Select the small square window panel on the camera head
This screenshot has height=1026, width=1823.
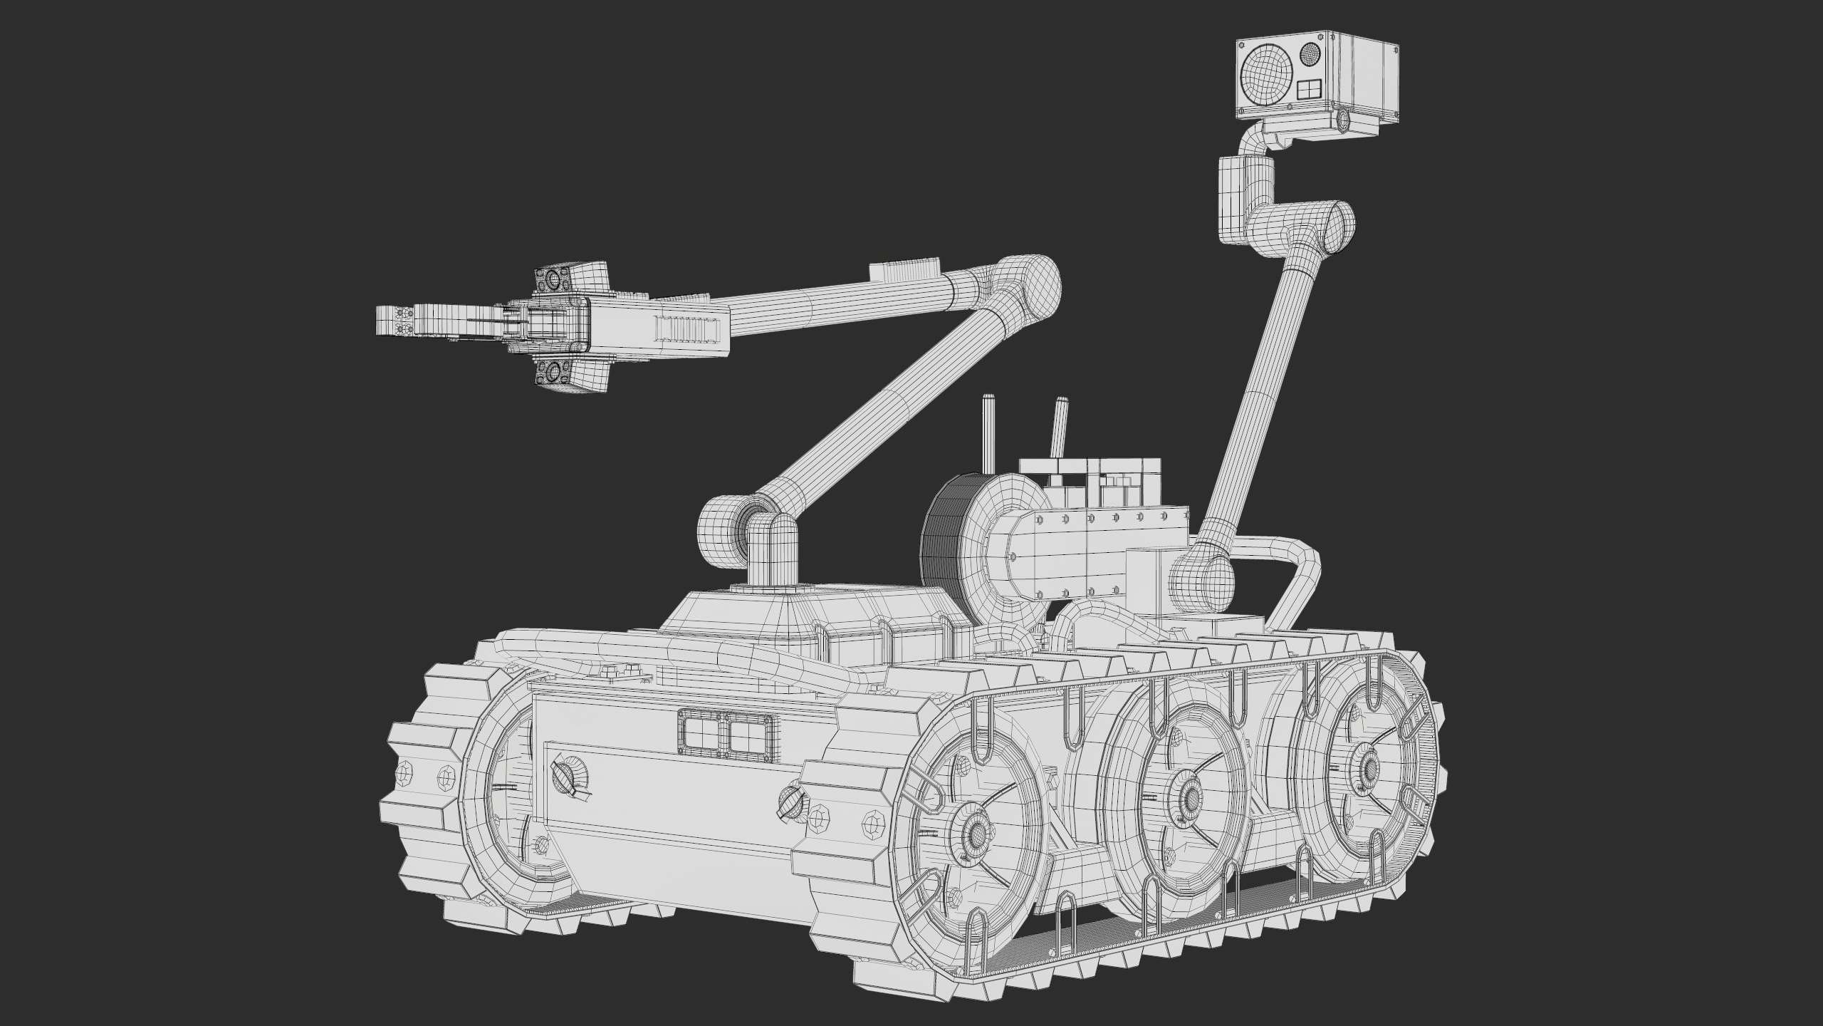[1307, 90]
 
